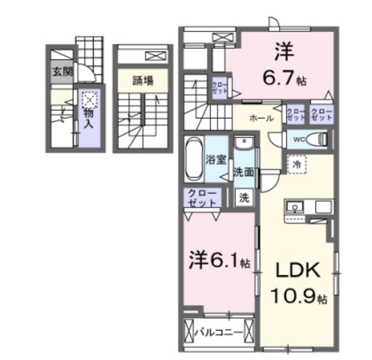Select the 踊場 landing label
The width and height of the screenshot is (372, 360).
click(x=142, y=81)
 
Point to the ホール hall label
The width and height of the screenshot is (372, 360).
click(x=261, y=118)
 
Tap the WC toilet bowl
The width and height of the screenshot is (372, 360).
click(x=316, y=139)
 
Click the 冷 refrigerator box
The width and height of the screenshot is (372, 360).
click(x=296, y=165)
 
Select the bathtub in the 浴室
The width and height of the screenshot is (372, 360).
click(x=194, y=158)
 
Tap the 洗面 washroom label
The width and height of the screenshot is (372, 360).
click(x=243, y=172)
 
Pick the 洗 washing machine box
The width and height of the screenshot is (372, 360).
click(x=244, y=197)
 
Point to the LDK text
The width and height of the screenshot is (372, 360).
click(x=294, y=271)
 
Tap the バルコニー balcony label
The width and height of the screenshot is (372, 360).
click(x=219, y=333)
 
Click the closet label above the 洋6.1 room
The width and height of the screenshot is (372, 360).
click(x=201, y=198)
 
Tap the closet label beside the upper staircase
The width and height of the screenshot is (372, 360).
click(x=220, y=88)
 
